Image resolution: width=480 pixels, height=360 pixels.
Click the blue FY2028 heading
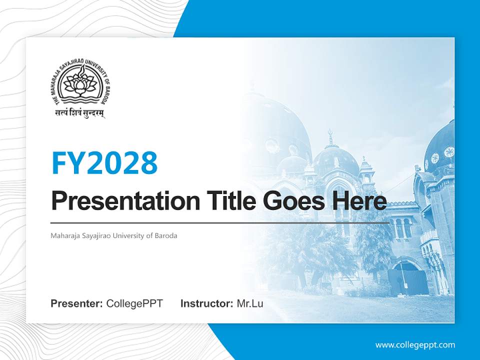pyautogui.click(x=104, y=162)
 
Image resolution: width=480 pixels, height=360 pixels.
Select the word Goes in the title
pyautogui.click(x=295, y=201)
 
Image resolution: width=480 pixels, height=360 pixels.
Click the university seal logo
pyautogui.click(x=80, y=83)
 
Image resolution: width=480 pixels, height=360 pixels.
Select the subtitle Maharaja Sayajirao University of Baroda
pyautogui.click(x=114, y=235)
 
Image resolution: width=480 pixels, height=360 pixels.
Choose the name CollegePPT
pyautogui.click(x=134, y=303)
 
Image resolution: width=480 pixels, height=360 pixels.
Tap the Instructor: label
pyautogui.click(x=206, y=303)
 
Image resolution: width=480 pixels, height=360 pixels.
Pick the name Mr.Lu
pyautogui.click(x=250, y=303)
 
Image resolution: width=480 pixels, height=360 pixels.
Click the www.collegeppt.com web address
pyautogui.click(x=415, y=344)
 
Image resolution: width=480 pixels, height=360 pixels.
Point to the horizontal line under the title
pyautogui.click(x=220, y=222)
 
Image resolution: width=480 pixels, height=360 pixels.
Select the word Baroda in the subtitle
pyautogui.click(x=166, y=235)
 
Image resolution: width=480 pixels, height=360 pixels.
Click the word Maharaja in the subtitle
pyautogui.click(x=64, y=235)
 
